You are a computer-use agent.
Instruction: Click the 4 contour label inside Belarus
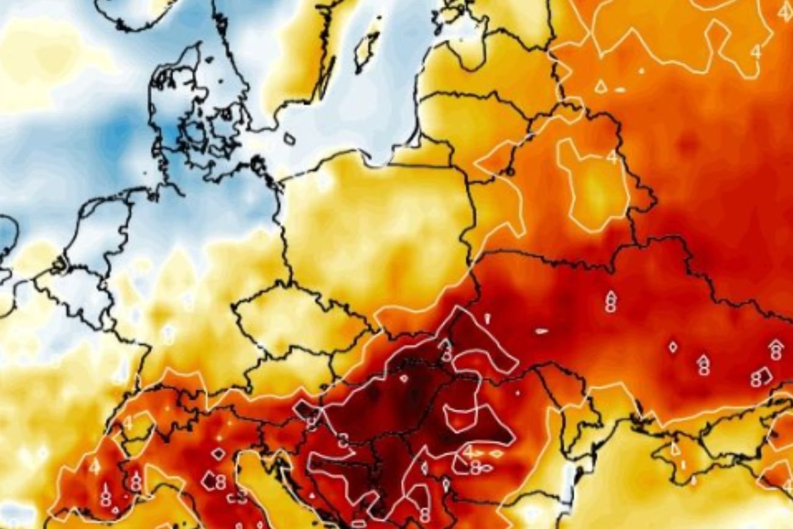pyautogui.click(x=612, y=157)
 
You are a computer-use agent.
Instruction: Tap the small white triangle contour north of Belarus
pyautogui.click(x=600, y=87)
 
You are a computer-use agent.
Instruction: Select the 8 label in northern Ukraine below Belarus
pyautogui.click(x=610, y=301)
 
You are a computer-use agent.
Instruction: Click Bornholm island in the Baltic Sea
pyautogui.click(x=289, y=139)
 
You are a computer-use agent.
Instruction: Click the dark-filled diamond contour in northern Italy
pyautogui.click(x=218, y=454)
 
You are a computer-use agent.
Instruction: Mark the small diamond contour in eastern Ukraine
pyautogui.click(x=672, y=347)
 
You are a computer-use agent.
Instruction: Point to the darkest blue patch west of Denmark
pyautogui.click(x=119, y=131)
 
